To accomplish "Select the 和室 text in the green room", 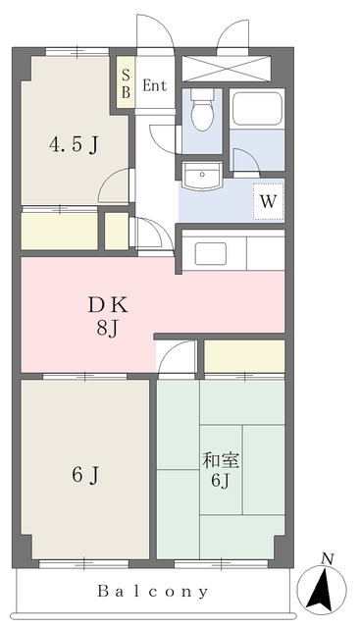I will pyautogui.click(x=217, y=459).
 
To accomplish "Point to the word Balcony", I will pyautogui.click(x=153, y=592).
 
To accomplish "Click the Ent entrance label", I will pyautogui.click(x=155, y=85).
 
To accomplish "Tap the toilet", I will pyautogui.click(x=203, y=111).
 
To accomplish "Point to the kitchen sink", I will pyautogui.click(x=211, y=253).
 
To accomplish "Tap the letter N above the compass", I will pyautogui.click(x=328, y=558).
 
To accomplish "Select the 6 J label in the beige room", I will pyautogui.click(x=84, y=477).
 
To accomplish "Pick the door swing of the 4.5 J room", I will pyautogui.click(x=117, y=186).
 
